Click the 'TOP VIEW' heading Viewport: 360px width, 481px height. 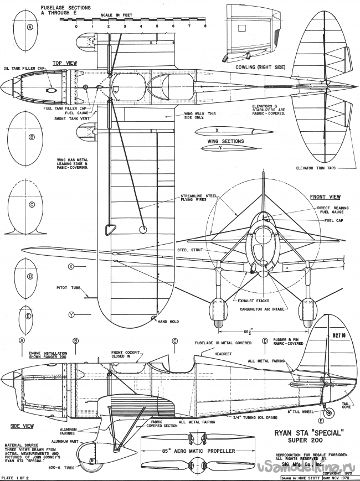64,63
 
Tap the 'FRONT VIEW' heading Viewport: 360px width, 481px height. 325,196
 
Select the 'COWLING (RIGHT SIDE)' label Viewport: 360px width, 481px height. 260,66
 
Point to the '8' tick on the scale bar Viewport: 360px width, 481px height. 205,26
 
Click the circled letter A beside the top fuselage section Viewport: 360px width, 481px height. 30,27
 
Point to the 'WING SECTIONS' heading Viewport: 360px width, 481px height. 225,141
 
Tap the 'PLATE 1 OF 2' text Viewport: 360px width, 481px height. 17,477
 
